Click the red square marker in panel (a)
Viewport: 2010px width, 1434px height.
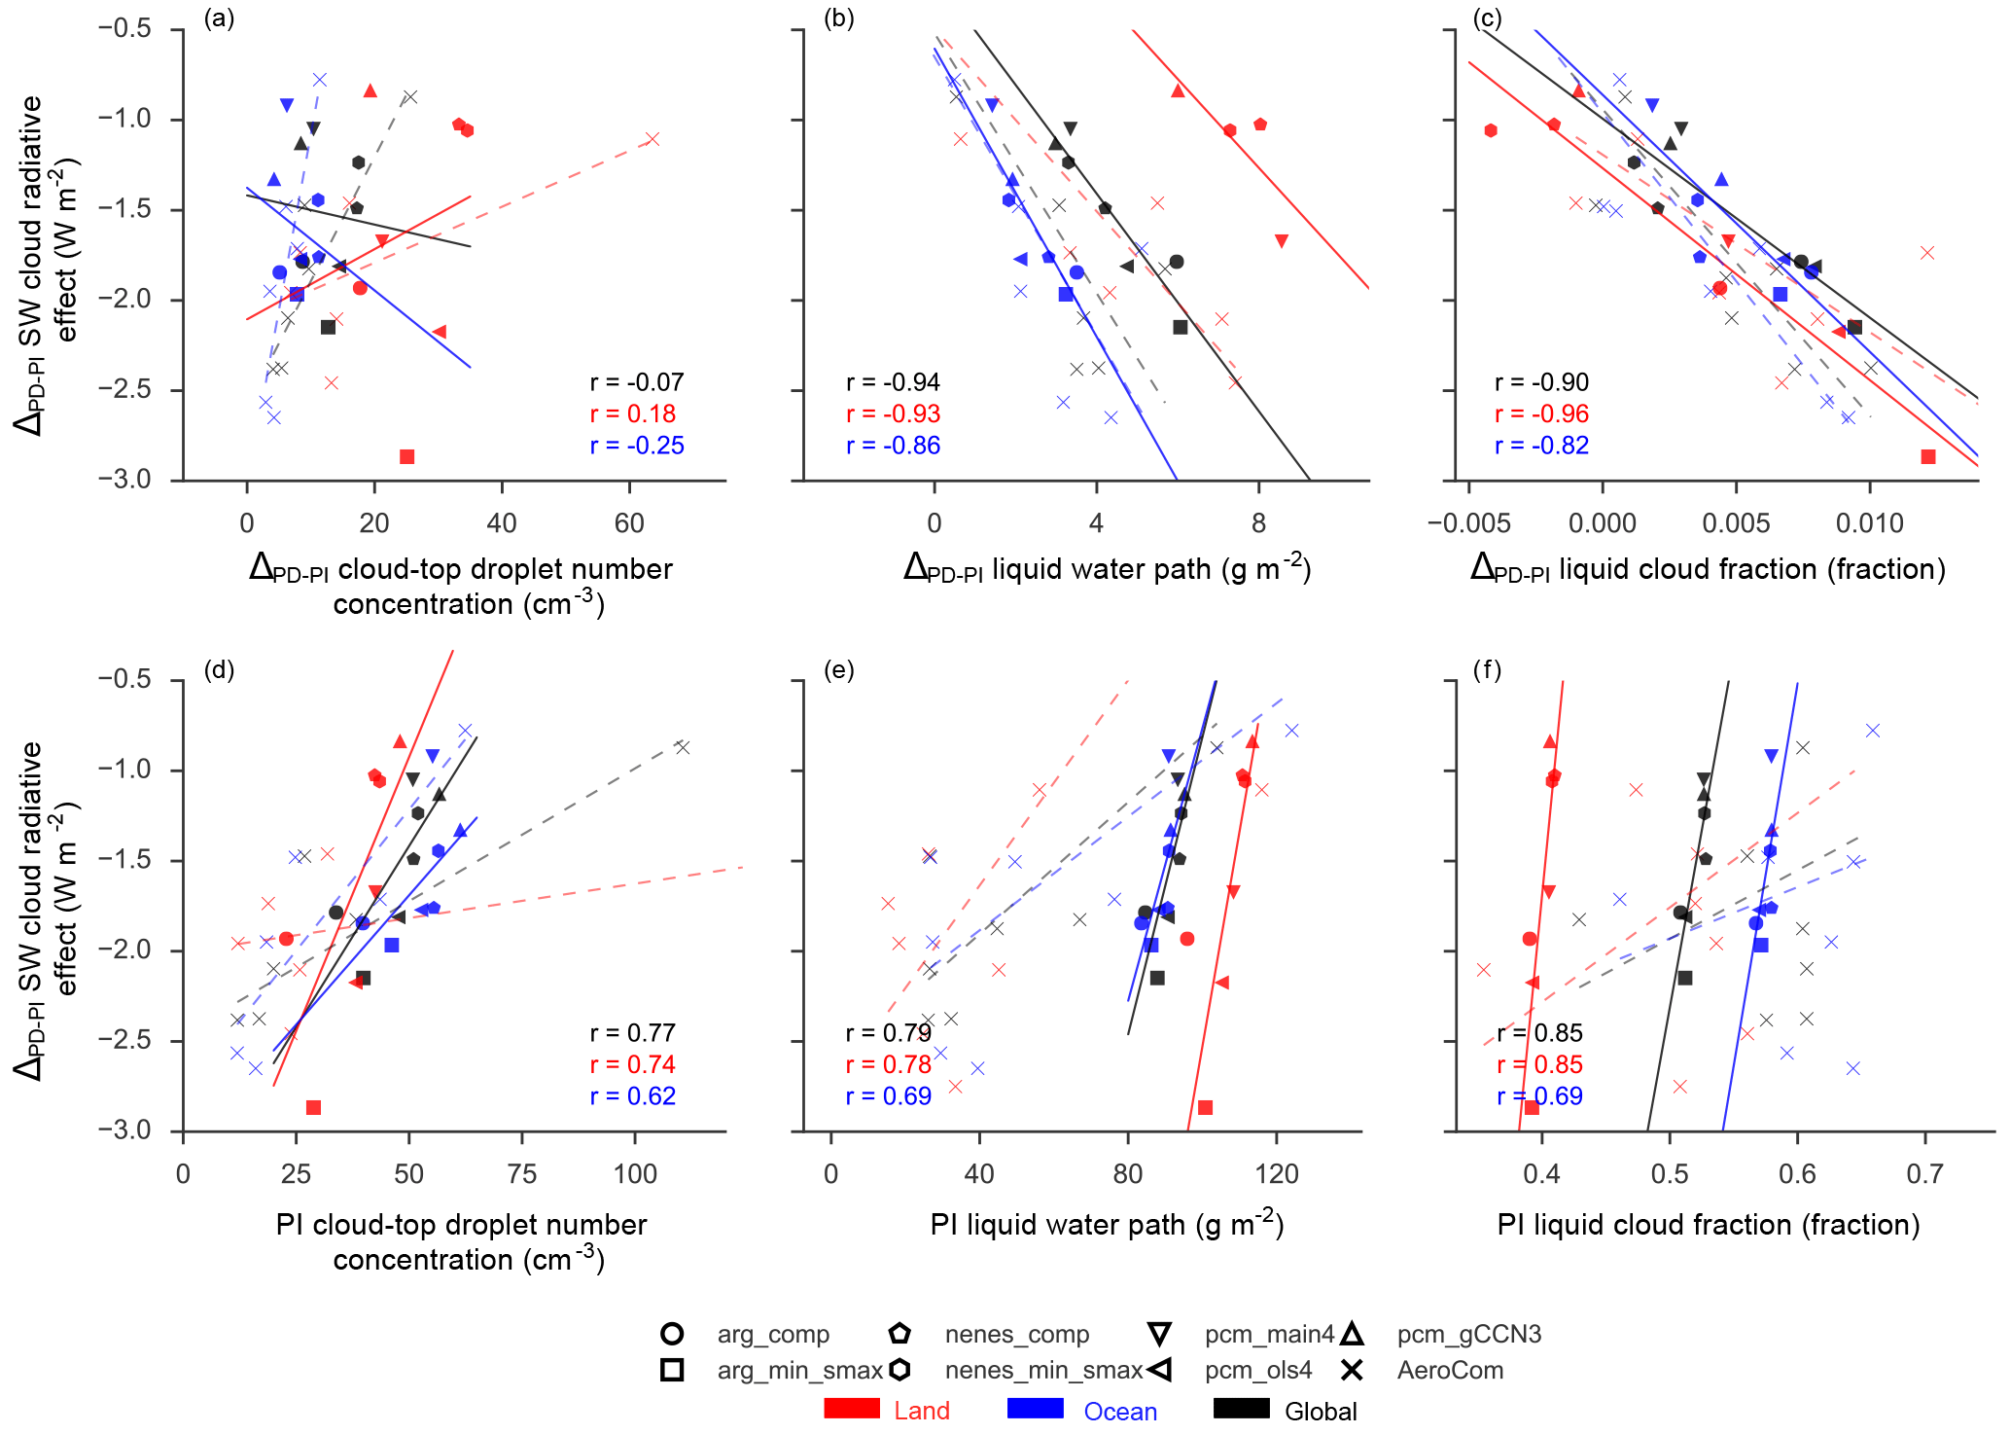406,456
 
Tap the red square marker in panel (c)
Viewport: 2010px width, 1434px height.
1928,456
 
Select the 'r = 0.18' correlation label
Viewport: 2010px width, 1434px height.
632,414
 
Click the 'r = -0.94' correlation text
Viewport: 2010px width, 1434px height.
893,382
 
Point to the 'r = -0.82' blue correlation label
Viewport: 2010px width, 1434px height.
1541,446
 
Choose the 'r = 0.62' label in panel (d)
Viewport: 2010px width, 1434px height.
632,1096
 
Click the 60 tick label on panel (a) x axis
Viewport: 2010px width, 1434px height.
629,523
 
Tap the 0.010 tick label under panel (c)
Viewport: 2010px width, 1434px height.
1869,523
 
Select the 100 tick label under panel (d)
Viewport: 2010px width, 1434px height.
635,1174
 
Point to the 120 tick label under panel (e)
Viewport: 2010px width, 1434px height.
1277,1174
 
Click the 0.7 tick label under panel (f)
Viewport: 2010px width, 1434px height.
1924,1174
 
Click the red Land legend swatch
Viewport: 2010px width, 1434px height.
852,1409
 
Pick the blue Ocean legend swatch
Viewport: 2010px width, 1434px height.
1036,1409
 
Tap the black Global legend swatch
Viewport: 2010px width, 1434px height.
1242,1409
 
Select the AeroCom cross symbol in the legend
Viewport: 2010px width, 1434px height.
1352,1371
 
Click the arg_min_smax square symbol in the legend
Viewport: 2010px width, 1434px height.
672,1371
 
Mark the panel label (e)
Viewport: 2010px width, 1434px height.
838,669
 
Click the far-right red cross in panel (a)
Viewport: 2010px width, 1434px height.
652,139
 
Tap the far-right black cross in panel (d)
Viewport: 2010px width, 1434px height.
683,747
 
